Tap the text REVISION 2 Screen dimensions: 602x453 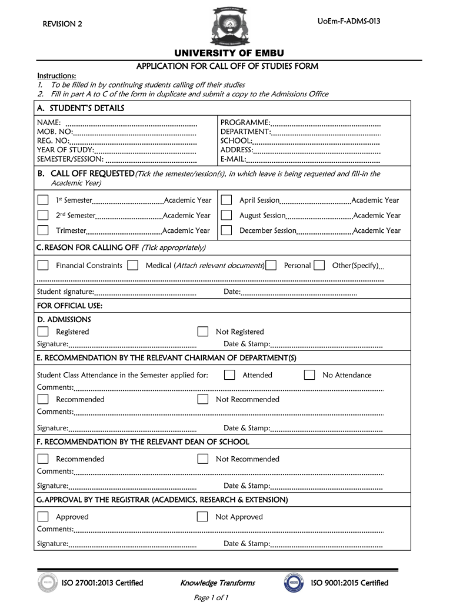click(x=62, y=24)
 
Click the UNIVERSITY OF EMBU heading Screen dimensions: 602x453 click(x=226, y=54)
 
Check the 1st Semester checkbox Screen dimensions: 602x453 click(x=43, y=200)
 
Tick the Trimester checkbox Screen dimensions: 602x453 click(x=43, y=230)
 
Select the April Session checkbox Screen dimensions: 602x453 click(x=226, y=200)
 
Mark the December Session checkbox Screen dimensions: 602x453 click(x=226, y=230)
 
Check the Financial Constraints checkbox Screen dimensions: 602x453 click(x=43, y=265)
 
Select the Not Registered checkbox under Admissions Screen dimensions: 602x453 click(x=203, y=332)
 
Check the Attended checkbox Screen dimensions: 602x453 click(x=229, y=375)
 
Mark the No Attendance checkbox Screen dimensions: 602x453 click(x=309, y=375)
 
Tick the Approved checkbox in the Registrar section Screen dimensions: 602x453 click(x=43, y=517)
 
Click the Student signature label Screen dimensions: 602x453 click(x=65, y=292)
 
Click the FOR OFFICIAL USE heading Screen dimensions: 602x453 click(x=69, y=306)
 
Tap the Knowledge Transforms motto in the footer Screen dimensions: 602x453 click(x=218, y=583)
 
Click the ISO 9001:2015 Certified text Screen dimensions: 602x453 click(x=349, y=583)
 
